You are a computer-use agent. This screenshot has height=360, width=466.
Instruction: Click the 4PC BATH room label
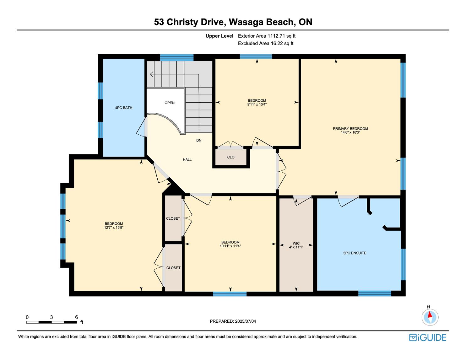coord(124,108)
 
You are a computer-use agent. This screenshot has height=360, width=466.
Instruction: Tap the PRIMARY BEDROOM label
coord(350,129)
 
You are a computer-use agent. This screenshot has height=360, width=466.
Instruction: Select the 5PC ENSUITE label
coord(355,253)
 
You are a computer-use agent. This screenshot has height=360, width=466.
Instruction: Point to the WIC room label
coord(296,243)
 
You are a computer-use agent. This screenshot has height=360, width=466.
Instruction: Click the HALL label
coord(187,160)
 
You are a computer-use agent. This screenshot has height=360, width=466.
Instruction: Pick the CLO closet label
coord(231,157)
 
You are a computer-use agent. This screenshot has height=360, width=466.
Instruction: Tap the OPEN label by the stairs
coord(170,103)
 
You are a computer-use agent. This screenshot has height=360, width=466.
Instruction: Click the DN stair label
coord(199,141)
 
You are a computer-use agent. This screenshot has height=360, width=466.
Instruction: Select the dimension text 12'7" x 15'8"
coord(114,228)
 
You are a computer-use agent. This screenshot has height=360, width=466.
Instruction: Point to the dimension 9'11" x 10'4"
coord(257,104)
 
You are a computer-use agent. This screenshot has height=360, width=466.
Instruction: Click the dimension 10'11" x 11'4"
coord(230,246)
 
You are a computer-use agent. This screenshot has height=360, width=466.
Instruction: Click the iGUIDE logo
coord(428,337)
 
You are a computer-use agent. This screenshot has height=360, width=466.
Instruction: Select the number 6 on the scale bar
coord(77,317)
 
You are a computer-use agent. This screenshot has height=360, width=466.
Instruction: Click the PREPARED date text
coord(233,321)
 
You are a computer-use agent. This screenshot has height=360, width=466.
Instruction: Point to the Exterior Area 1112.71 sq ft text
coord(267,36)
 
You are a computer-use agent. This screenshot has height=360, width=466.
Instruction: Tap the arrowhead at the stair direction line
coord(152,74)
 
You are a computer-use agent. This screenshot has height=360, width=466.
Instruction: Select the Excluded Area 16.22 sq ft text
coord(266,44)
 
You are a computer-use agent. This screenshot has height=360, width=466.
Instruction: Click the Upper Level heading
coord(219,36)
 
